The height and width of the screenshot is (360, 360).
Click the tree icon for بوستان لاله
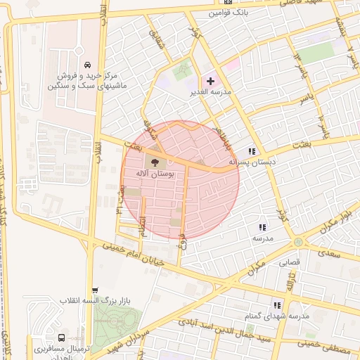tap(156, 165)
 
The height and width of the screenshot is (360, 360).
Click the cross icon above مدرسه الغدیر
tap(210, 82)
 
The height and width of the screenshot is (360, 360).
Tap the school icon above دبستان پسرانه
tap(252, 151)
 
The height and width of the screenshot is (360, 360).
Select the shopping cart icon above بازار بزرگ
tap(95, 290)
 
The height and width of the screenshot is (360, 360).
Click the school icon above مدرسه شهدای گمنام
tap(277, 305)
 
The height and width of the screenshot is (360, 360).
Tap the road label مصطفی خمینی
tap(330, 345)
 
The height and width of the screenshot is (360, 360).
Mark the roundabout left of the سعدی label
tap(299, 242)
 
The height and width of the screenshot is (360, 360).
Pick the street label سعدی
tap(328, 250)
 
